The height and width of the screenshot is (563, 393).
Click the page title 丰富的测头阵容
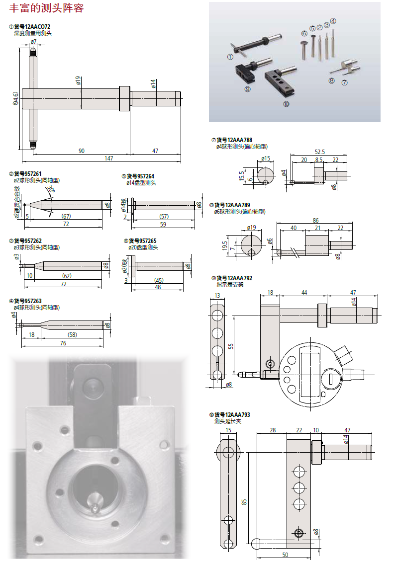pos(46,8)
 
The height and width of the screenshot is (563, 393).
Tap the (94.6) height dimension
pos(16,98)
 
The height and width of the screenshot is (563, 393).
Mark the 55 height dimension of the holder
pos(231,346)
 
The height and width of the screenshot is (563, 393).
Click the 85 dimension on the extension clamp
pos(244,502)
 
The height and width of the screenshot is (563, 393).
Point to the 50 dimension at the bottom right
pos(285,554)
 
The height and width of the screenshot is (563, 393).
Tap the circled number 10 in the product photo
pos(286,104)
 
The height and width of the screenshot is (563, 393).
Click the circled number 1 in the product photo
pos(230,57)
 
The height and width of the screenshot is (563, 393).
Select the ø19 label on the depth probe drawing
pos(79,80)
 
